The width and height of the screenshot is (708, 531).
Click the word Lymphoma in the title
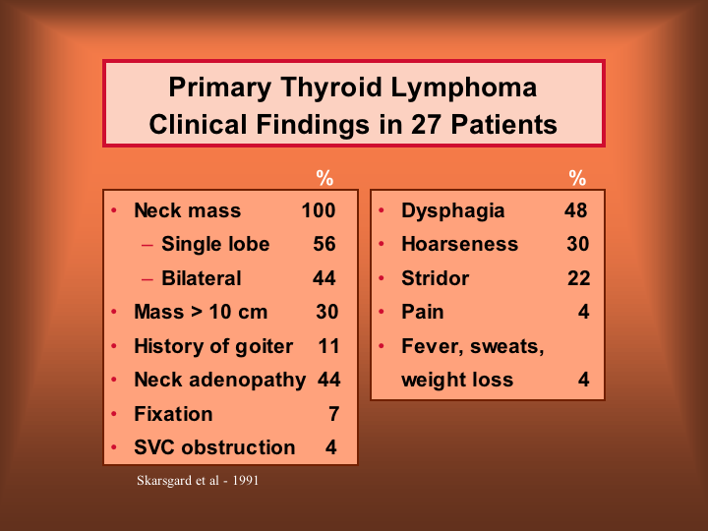[x=464, y=88]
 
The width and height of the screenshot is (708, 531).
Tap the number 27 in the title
[x=426, y=124]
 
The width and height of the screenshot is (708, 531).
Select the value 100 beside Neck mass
[x=319, y=210]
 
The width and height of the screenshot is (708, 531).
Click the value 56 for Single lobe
[x=324, y=244]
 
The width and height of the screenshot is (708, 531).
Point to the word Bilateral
[x=202, y=278]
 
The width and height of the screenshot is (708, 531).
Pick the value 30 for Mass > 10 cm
[x=326, y=312]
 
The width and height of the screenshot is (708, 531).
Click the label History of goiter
[x=213, y=347]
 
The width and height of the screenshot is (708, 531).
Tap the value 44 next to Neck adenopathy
[x=328, y=380]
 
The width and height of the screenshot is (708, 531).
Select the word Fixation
[x=173, y=414]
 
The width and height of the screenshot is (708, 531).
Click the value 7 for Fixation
[x=333, y=414]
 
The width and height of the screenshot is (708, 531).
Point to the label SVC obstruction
[x=214, y=447]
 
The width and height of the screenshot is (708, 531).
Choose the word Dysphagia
[x=453, y=210]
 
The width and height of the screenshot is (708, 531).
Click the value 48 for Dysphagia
[x=575, y=210]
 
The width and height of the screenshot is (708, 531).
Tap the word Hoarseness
[x=459, y=244]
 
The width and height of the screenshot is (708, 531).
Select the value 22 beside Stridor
[x=578, y=278]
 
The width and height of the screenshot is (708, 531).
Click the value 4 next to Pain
[x=584, y=312]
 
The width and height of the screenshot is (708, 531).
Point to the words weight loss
[x=457, y=380]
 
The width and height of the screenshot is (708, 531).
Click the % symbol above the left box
[x=324, y=178]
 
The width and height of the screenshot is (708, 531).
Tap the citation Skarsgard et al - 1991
[x=198, y=481]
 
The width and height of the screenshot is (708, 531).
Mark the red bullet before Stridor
[x=382, y=278]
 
